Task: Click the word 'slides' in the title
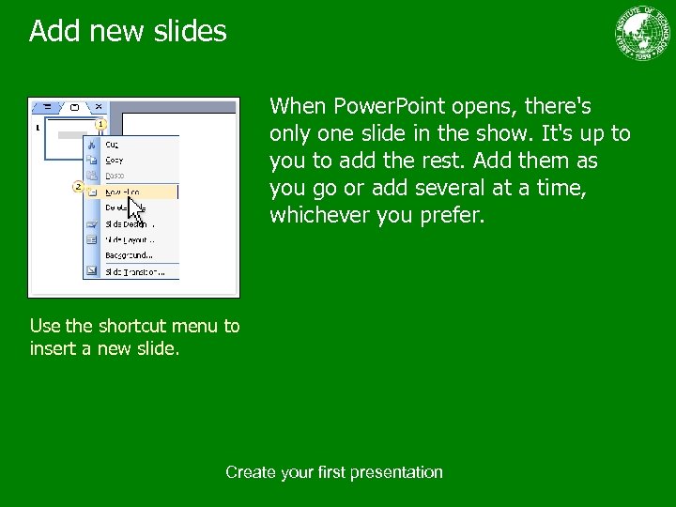190,31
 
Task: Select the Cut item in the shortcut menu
113,145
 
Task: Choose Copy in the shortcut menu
115,160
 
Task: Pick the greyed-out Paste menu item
115,176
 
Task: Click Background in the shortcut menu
129,255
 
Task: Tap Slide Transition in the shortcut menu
133,271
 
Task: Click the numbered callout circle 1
100,124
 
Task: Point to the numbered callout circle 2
78,187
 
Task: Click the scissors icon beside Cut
92,145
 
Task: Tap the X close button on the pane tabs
99,107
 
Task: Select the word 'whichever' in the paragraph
320,216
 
